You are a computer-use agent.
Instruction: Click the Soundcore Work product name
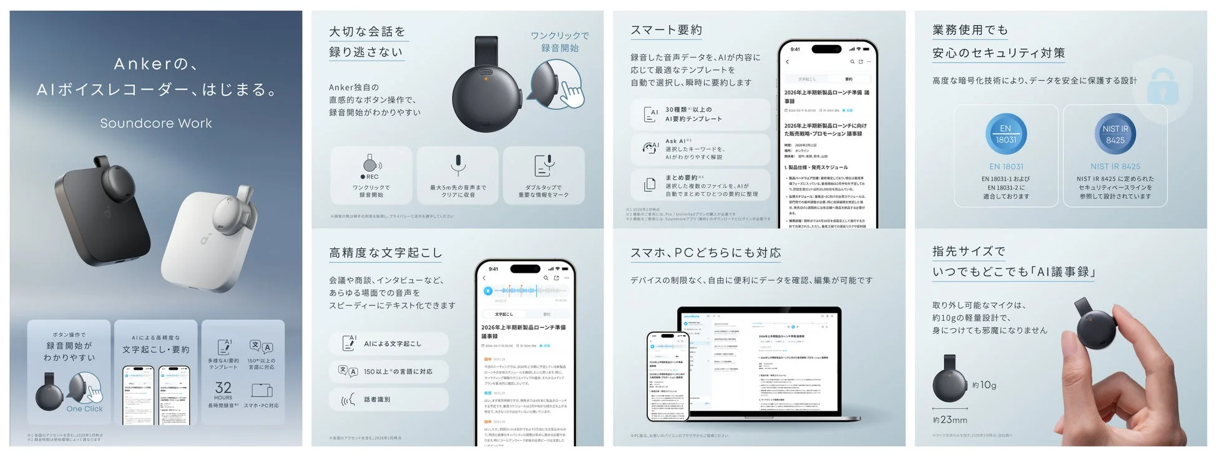(x=156, y=123)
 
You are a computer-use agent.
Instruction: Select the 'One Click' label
(x=84, y=409)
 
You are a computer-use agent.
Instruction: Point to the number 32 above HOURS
(x=223, y=388)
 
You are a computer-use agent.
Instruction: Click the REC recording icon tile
(x=371, y=175)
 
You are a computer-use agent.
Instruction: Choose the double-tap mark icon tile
(x=544, y=175)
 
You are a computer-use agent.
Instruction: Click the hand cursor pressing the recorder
(x=570, y=94)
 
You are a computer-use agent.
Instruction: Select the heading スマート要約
(x=666, y=30)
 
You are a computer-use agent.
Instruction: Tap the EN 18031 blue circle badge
(x=1005, y=134)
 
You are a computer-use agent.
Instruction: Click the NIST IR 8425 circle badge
(x=1115, y=134)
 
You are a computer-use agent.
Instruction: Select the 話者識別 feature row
(x=388, y=400)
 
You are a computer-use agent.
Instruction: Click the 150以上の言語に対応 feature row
(x=388, y=371)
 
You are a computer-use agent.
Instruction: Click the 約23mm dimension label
(x=950, y=420)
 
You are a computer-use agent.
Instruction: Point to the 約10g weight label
(x=984, y=385)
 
